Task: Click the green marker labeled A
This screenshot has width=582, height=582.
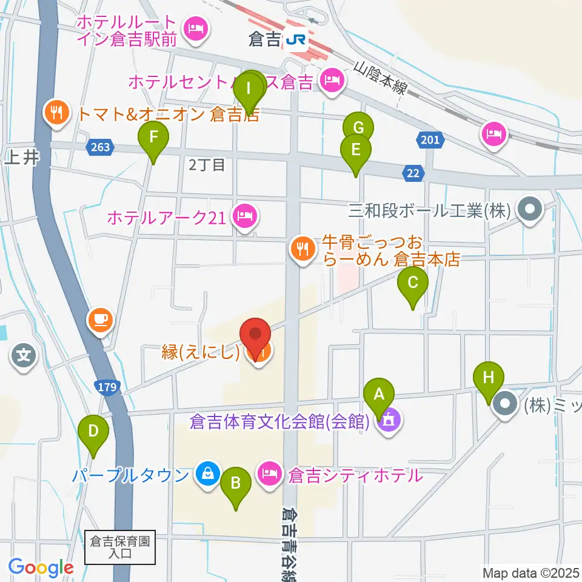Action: click(379, 397)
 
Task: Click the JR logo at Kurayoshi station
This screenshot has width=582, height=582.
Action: click(297, 40)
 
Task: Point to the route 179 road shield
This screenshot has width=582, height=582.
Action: click(107, 387)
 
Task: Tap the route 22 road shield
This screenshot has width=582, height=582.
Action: click(413, 174)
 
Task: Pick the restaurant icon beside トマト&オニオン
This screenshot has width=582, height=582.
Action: click(56, 112)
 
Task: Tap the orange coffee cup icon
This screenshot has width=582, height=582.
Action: click(101, 319)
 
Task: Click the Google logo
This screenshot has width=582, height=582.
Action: click(41, 568)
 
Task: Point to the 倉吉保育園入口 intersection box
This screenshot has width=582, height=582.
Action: click(120, 547)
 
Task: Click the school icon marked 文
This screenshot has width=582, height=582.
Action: click(24, 355)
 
